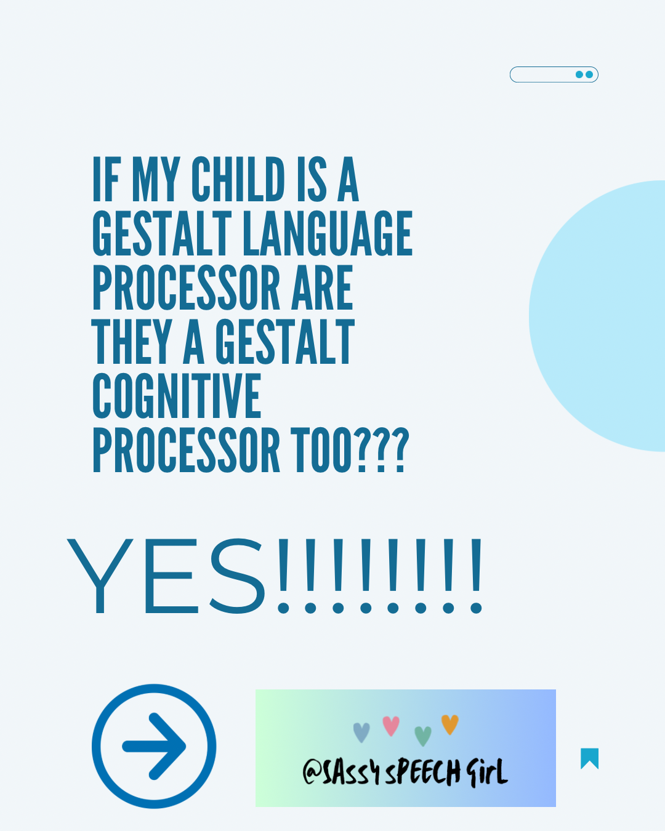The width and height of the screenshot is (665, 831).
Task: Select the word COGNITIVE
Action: click(x=177, y=396)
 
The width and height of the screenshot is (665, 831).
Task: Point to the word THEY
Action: click(x=131, y=342)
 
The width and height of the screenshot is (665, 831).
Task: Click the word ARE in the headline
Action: click(x=322, y=288)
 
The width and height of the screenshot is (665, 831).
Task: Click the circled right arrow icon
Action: click(x=154, y=746)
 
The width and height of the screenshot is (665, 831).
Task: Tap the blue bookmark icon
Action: click(x=589, y=758)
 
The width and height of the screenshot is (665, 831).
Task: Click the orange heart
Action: click(x=450, y=724)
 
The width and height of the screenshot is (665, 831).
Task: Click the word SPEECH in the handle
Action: click(x=423, y=773)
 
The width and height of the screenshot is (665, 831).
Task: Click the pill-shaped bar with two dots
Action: click(x=554, y=74)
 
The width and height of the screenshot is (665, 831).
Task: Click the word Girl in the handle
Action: click(x=486, y=772)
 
